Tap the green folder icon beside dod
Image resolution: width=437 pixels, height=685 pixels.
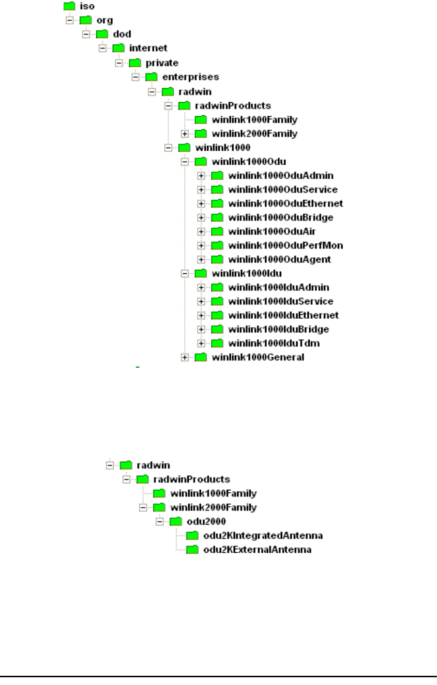pyautogui.click(x=103, y=34)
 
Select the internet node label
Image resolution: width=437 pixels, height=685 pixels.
pyautogui.click(x=148, y=48)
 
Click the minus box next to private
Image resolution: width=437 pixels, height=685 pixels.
pyautogui.click(x=119, y=63)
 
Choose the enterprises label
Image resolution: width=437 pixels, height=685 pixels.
pyautogui.click(x=191, y=77)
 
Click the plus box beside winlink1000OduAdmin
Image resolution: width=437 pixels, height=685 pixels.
pyautogui.click(x=201, y=176)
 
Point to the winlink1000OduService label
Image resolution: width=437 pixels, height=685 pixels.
pyautogui.click(x=283, y=189)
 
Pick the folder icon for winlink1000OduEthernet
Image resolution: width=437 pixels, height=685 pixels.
pyautogui.click(x=218, y=204)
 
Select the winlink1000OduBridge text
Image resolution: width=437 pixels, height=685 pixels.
pyautogui.click(x=281, y=218)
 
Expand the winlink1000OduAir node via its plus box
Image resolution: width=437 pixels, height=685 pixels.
pyautogui.click(x=201, y=232)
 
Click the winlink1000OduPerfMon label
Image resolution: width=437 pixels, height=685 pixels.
pyautogui.click(x=286, y=246)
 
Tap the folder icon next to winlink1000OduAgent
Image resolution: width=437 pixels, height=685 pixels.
pyautogui.click(x=218, y=260)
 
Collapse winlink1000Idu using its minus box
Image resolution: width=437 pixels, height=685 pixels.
pyautogui.click(x=184, y=274)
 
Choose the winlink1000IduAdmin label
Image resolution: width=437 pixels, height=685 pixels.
pyautogui.click(x=279, y=288)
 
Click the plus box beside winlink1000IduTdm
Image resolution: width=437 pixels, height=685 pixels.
pyautogui.click(x=201, y=343)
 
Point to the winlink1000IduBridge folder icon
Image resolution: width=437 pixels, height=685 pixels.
pyautogui.click(x=218, y=329)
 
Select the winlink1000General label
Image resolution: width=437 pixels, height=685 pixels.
pyautogui.click(x=258, y=358)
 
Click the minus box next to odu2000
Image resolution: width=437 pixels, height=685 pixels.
pyautogui.click(x=159, y=522)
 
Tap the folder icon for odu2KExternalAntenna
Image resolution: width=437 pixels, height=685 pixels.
pyautogui.click(x=193, y=550)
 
